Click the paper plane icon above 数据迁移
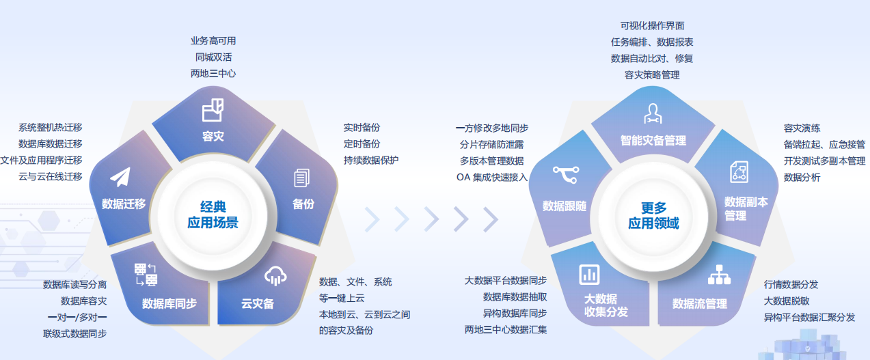click(120, 177)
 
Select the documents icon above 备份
click(302, 178)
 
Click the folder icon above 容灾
click(213, 110)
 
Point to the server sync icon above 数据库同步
click(146, 275)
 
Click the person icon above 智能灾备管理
click(653, 113)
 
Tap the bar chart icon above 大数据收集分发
click(589, 275)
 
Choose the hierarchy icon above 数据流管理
click(719, 275)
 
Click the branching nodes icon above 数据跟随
click(566, 174)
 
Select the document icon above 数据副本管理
click(739, 172)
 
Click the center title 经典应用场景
click(213, 214)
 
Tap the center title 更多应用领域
click(653, 215)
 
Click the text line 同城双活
click(213, 57)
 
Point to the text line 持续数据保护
click(371, 160)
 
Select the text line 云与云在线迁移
click(50, 177)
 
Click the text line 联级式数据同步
click(74, 333)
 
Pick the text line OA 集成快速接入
click(491, 178)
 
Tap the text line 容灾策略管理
click(652, 75)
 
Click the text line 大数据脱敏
click(787, 301)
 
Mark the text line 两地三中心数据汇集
click(506, 330)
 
